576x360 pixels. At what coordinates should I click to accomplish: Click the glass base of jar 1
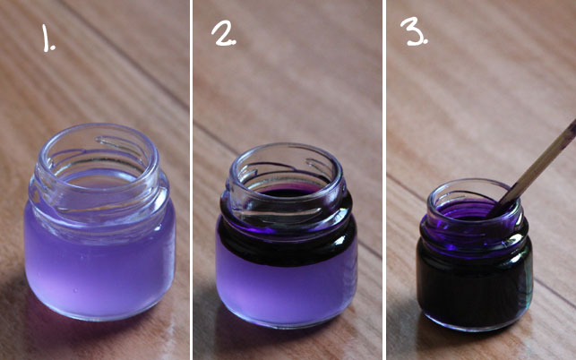[99, 309]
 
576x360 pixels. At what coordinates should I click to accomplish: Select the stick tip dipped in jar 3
[498, 211]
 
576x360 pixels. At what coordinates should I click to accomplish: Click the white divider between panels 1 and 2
[191, 179]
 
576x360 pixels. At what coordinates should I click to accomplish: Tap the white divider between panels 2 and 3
[383, 179]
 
